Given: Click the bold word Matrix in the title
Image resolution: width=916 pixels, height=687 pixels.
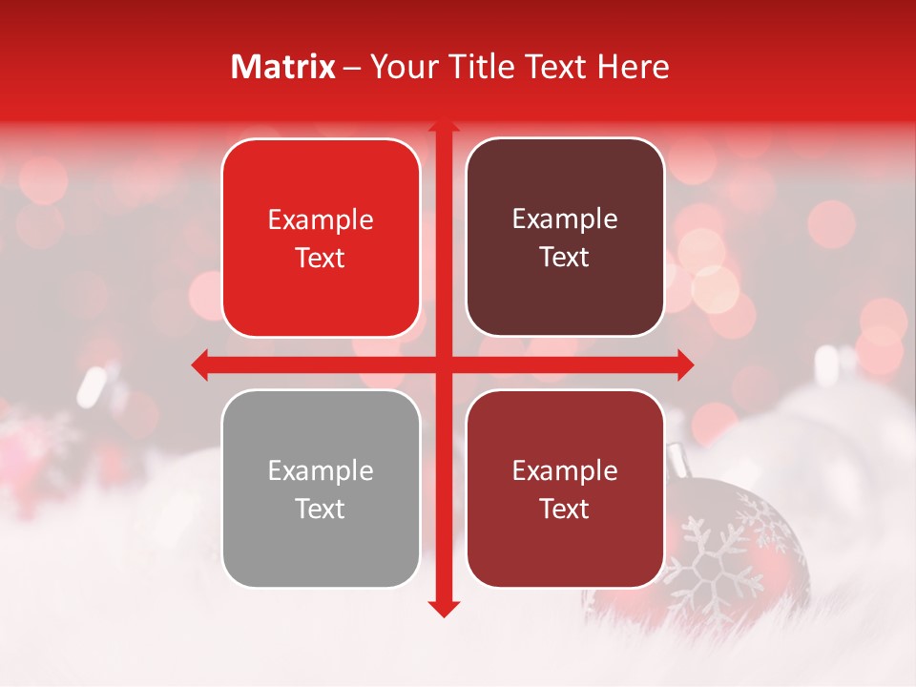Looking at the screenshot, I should (x=283, y=67).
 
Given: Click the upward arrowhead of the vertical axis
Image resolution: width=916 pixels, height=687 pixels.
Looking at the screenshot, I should (x=443, y=126).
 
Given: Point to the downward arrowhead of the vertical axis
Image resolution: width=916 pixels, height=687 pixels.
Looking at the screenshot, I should (x=443, y=608).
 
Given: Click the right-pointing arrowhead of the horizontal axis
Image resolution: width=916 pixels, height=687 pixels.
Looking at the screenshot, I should (x=685, y=364).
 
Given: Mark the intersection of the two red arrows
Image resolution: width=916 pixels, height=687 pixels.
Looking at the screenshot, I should (x=443, y=364).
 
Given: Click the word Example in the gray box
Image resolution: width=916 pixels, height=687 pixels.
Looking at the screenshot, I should (x=321, y=471).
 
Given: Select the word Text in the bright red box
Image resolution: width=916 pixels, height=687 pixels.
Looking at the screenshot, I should (x=321, y=259).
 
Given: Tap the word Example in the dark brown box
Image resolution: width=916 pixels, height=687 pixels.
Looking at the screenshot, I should (x=565, y=219).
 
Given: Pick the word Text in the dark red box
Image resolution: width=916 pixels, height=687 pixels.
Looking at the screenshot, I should (x=565, y=510).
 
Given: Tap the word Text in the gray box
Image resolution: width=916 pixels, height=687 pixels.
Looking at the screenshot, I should (x=321, y=510).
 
